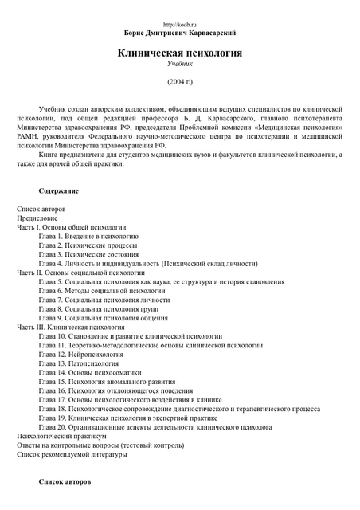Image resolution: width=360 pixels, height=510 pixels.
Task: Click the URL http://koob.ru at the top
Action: [179, 26]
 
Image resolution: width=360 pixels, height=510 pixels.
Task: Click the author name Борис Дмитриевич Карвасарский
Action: [179, 34]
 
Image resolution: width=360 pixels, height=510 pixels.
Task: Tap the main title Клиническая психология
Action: [179, 53]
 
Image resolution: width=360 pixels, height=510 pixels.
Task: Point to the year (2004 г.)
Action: [179, 81]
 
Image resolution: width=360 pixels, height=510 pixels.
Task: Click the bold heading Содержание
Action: [58, 191]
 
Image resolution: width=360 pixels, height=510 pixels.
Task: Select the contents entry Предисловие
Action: [37, 218]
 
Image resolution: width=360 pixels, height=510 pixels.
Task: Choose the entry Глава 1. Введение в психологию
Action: [88, 237]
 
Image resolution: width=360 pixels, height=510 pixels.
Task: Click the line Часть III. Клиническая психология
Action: [71, 327]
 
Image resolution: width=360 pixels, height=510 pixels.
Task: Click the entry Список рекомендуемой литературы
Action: [72, 454]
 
